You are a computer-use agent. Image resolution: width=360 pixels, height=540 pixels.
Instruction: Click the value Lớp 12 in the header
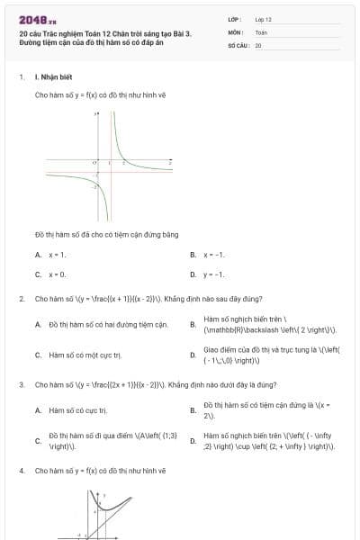pos(264,18)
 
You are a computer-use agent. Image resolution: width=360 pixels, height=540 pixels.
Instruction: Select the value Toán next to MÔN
pos(262,31)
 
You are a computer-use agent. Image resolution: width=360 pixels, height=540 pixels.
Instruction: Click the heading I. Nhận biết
pos(51,78)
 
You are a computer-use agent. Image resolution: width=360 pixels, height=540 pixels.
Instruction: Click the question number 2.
pos(21,298)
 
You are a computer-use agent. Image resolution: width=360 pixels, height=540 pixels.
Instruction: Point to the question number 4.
pos(21,471)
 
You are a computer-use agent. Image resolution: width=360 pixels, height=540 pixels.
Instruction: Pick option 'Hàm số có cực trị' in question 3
pos(77,410)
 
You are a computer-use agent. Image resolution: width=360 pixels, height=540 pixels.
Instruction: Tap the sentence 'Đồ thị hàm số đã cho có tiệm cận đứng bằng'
pos(106,234)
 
